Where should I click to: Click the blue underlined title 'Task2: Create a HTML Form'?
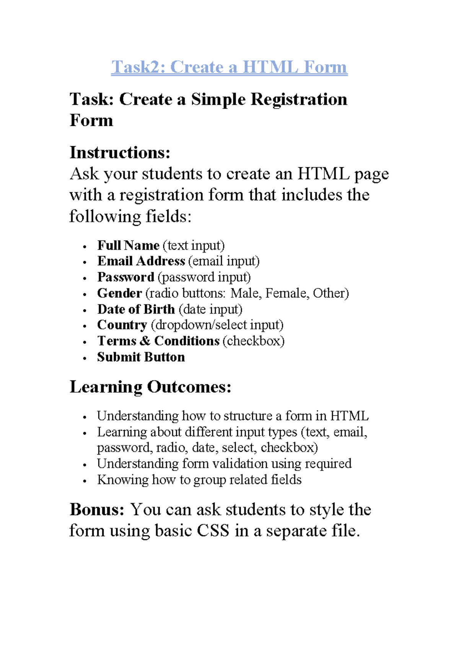point(229,67)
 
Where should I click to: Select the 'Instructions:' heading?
point(120,153)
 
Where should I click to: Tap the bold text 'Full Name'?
point(128,245)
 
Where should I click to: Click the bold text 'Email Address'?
point(141,261)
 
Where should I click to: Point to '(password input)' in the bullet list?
point(204,277)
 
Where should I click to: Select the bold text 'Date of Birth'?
point(136,309)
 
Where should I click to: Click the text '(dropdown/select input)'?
point(217,325)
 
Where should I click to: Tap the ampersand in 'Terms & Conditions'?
point(145,341)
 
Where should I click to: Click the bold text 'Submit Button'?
point(141,357)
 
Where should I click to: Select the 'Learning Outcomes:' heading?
point(150,387)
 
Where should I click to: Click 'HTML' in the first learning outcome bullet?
point(349,416)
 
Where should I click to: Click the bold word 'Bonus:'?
point(97,510)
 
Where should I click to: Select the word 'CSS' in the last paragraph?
point(213,531)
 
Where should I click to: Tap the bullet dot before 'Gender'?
point(85,294)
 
